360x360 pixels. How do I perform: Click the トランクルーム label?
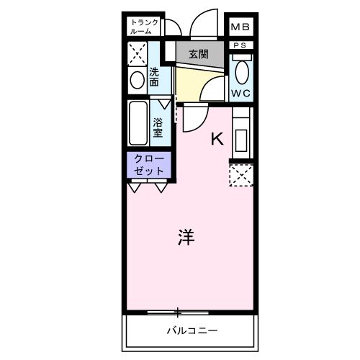pos(144,27)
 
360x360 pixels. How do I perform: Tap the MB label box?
pos(240,27)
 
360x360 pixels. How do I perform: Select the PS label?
pos(240,45)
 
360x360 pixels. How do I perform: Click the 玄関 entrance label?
pos(198,54)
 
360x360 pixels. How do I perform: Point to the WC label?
pos(240,93)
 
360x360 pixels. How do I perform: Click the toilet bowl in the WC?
pos(242,72)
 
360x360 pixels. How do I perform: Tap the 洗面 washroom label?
pos(154,77)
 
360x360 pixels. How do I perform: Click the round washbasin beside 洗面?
pos(138,80)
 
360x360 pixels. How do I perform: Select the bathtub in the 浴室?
pos(138,123)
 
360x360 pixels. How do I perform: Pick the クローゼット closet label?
pos(149,165)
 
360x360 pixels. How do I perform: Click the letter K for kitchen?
pos(217,138)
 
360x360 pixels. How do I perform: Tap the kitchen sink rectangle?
pos(241,140)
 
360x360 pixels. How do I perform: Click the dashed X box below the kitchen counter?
pos(241,175)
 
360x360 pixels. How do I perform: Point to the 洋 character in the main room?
pos(186,237)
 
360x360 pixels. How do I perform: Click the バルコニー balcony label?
pos(192,330)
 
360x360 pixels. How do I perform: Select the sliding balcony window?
pos(178,312)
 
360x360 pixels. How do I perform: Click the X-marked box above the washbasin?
pos(138,54)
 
